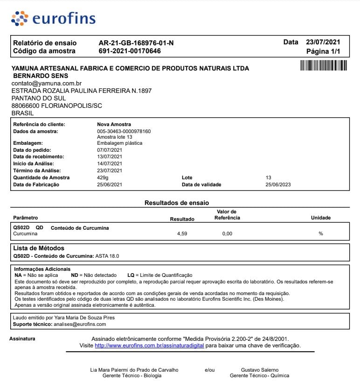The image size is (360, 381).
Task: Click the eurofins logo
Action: point(53,18)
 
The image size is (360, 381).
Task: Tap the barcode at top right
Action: point(324,65)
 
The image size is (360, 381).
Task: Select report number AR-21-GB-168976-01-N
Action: point(136,43)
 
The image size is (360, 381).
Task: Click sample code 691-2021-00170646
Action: point(130,51)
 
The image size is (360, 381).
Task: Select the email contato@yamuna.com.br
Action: point(47,83)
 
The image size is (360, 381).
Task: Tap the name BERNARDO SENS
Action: point(41,76)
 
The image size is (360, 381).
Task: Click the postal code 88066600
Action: point(26,106)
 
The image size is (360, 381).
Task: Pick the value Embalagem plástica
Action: point(119,143)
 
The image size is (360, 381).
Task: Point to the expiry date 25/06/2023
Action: point(278,184)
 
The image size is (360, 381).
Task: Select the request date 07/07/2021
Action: point(110,150)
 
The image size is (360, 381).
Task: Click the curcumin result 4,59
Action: point(182,233)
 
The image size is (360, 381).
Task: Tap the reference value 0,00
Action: point(227,233)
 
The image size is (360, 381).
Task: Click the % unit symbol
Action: point(320,233)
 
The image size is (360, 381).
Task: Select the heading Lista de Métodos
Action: point(39,248)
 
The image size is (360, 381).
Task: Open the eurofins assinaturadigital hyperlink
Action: point(149,346)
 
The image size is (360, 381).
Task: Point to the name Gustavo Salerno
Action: point(259,370)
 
